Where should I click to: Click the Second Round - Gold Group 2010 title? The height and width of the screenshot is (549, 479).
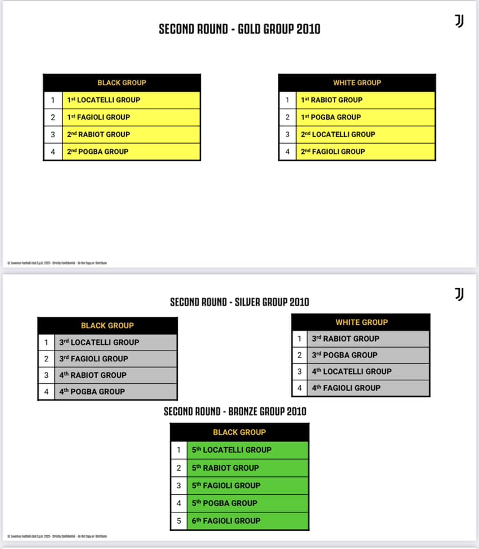coord(240,29)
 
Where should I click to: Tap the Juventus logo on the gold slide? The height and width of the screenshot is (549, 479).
coord(458,21)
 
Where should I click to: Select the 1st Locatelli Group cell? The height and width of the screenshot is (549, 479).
coord(131,100)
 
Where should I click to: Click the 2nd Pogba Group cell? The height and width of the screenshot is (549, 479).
coord(131,152)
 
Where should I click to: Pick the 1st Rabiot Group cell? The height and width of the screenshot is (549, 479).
coord(365,100)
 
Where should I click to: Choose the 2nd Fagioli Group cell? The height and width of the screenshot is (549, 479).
coord(365,152)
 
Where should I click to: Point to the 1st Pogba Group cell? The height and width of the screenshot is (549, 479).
coord(365,117)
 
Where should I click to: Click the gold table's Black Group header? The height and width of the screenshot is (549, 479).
coord(122,82)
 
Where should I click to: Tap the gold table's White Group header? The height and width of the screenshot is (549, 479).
coord(357,82)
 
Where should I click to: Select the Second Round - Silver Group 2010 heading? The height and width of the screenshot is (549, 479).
coord(240,302)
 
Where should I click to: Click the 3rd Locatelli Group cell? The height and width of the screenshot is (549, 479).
coord(115,343)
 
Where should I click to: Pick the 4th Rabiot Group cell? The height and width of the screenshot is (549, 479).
coord(115,375)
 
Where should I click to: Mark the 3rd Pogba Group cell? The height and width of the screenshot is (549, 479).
coord(368,355)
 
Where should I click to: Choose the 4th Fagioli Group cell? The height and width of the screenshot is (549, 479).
coord(368,388)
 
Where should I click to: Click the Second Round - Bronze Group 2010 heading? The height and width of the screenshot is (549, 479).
coord(235,411)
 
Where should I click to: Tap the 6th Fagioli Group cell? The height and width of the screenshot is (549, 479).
coord(248,521)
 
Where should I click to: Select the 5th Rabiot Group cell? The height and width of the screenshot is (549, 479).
coord(248,468)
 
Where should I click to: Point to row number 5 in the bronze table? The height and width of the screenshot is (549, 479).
coord(178,521)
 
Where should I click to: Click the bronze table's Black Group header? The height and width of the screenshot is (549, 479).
coord(240,432)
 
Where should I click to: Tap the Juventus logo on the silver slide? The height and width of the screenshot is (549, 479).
coord(458,294)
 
